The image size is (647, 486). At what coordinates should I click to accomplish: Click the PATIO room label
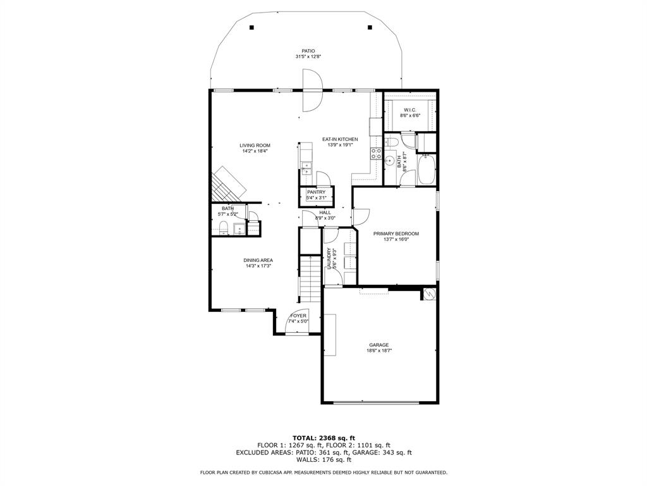[x=308, y=51]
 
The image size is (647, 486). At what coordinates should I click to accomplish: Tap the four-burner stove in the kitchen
[x=377, y=154]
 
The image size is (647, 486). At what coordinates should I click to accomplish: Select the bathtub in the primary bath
[x=427, y=170]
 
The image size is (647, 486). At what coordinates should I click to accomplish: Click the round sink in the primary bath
[x=389, y=160]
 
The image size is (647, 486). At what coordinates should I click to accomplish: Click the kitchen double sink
[x=306, y=169]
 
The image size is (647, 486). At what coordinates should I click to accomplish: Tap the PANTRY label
[x=316, y=192]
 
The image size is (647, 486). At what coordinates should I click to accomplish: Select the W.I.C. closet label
[x=410, y=110]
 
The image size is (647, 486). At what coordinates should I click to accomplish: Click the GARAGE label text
[x=379, y=345]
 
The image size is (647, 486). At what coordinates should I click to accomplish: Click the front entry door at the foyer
[x=297, y=321]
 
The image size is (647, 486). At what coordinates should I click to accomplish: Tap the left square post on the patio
[x=251, y=28]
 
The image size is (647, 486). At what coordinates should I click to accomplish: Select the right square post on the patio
[x=369, y=28]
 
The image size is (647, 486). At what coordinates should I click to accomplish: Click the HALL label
[x=325, y=213]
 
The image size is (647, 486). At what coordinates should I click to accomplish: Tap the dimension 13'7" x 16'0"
[x=396, y=239]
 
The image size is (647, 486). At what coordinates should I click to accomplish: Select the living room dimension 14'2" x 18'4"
[x=255, y=151]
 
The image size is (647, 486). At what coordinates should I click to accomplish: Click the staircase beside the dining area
[x=310, y=279]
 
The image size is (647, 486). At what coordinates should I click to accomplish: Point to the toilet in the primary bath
[x=392, y=143]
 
